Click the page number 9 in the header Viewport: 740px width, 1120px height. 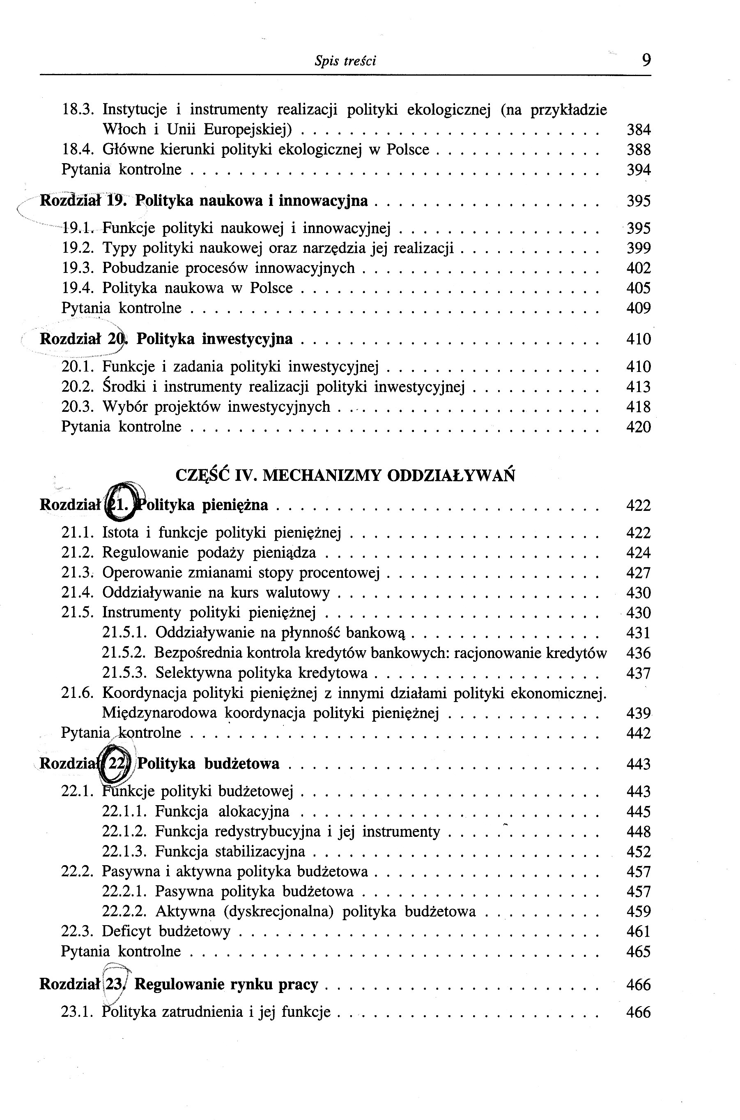646,60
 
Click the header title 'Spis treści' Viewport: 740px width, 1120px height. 345,61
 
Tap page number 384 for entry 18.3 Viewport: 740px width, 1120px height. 639,129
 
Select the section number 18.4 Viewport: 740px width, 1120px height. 78,150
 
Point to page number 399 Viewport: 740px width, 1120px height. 639,248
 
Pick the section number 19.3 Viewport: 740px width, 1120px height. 78,268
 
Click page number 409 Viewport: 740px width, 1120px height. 639,308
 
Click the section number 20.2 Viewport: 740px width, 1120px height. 78,387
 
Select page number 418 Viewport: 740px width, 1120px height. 639,407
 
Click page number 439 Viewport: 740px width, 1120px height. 639,713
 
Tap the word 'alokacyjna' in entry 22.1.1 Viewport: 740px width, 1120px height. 253,812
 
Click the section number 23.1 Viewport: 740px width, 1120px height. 78,1012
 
